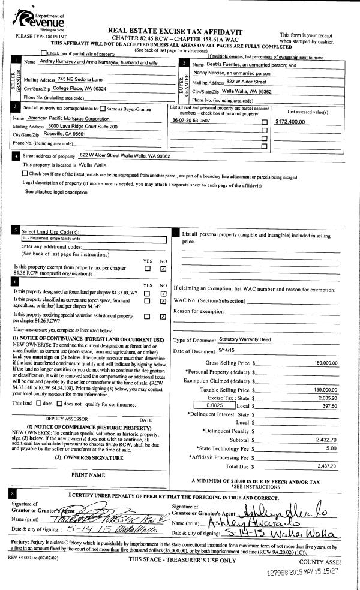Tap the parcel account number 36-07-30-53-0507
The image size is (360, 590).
(x=191, y=121)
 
